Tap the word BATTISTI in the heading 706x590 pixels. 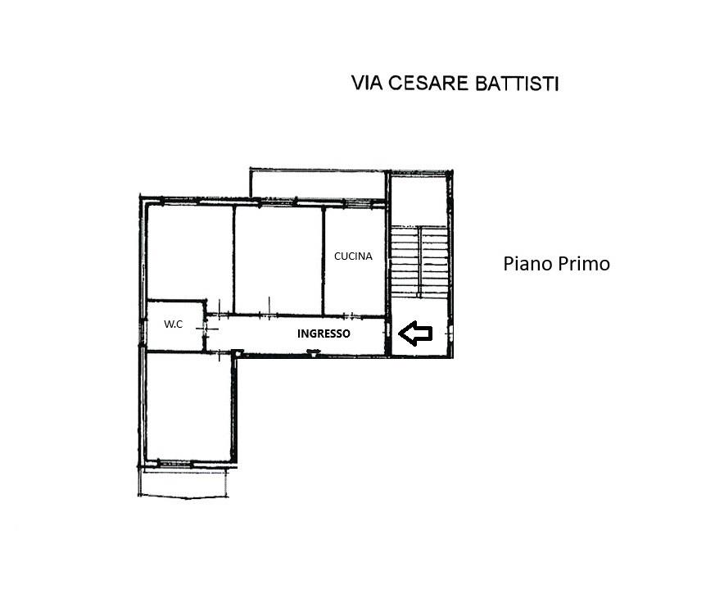point(518,84)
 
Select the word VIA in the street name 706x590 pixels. point(366,84)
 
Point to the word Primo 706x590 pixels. point(584,264)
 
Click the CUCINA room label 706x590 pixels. point(354,256)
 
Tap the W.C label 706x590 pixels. point(174,324)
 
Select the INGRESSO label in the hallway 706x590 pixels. point(324,334)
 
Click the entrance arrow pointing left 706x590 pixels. point(415,334)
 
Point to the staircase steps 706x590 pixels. point(419,261)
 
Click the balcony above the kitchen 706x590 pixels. point(318,184)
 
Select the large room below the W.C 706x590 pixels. point(189,407)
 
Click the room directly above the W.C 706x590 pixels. point(190,252)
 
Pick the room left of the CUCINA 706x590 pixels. point(278,260)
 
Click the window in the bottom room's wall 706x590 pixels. point(174,463)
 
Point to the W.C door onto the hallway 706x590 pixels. point(206,329)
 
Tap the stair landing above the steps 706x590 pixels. point(419,201)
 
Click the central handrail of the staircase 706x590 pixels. point(419,261)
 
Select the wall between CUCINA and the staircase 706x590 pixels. point(387,264)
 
